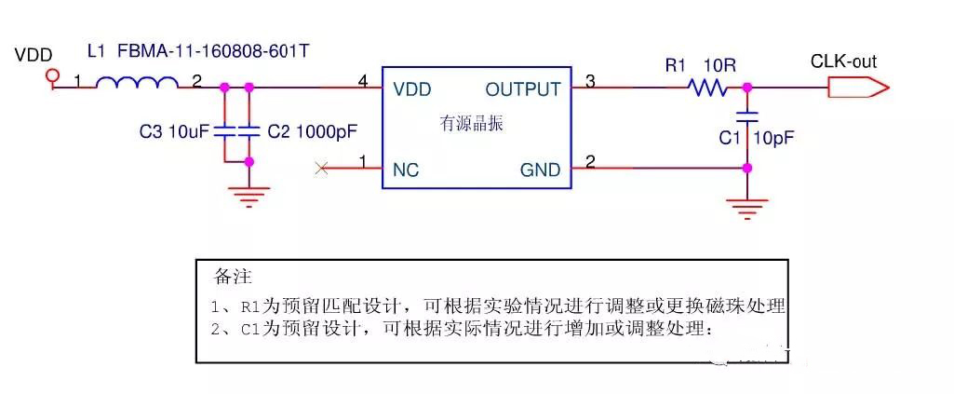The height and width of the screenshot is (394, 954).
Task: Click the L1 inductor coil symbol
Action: tap(138, 86)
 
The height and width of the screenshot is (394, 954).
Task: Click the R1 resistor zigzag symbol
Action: tap(707, 88)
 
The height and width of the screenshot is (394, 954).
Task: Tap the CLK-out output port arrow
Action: tap(856, 88)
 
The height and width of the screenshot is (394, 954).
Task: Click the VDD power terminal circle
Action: tap(53, 75)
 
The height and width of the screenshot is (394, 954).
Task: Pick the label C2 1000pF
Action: tap(312, 132)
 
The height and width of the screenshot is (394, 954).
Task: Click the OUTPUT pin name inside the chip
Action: tap(523, 89)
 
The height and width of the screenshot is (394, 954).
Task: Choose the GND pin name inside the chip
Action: tap(541, 170)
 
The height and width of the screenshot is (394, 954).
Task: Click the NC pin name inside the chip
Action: tap(407, 170)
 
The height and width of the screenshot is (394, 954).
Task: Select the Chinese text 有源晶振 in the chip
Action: tap(471, 124)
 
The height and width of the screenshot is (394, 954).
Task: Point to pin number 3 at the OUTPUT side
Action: tap(590, 82)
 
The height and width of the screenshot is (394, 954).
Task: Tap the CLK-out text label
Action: tap(843, 62)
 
